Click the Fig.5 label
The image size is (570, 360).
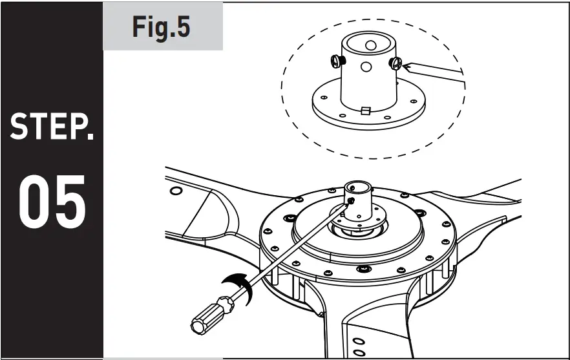click(162, 26)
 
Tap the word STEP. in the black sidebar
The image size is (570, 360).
click(52, 127)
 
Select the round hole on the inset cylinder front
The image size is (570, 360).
click(366, 67)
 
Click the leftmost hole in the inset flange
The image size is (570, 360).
click(321, 100)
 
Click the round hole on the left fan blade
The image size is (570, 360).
click(175, 191)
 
